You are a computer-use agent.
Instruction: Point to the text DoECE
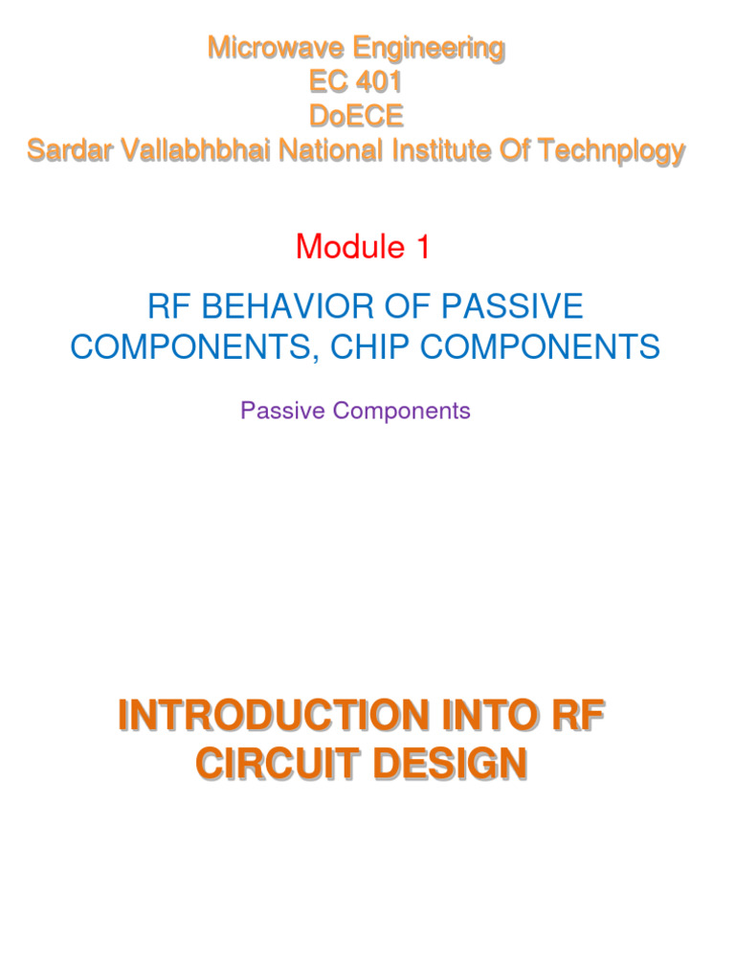(x=355, y=116)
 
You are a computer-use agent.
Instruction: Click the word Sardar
(x=65, y=150)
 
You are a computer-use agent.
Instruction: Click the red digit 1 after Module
(x=421, y=247)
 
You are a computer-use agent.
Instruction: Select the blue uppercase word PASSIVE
(x=509, y=306)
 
